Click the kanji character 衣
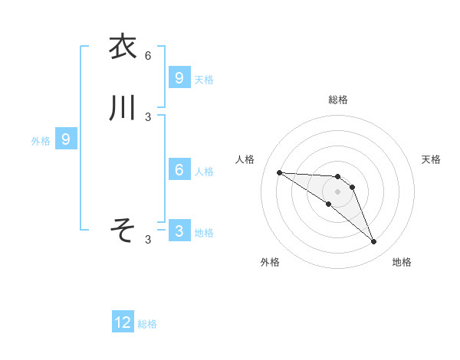tap(123, 47)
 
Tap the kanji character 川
tap(123, 109)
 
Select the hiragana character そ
tap(123, 229)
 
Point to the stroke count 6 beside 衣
tap(148, 55)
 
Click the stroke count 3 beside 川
tap(148, 117)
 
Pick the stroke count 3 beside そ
tap(148, 240)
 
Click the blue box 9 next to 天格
tap(179, 77)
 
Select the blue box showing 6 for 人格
tap(179, 169)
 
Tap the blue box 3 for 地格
tap(179, 231)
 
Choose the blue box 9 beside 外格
tap(66, 139)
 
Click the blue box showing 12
tap(123, 322)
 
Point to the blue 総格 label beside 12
tap(147, 324)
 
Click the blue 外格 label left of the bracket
tap(41, 141)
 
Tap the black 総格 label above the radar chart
tap(338, 100)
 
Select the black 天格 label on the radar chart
tap(431, 159)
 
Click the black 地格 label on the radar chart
tap(402, 262)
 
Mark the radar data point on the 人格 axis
tap(279, 172)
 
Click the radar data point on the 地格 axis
tap(374, 242)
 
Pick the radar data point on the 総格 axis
tap(338, 177)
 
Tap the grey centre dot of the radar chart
tap(338, 191)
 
